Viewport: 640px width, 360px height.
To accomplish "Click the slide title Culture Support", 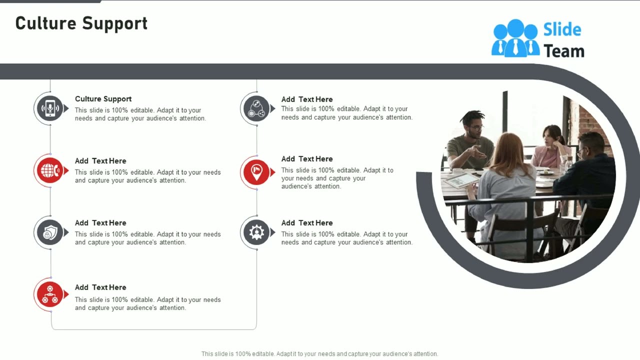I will [x=81, y=23].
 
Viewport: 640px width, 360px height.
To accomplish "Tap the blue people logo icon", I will [x=515, y=38].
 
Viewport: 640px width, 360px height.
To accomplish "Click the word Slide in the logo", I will [x=562, y=29].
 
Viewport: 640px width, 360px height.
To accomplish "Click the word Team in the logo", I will [x=563, y=51].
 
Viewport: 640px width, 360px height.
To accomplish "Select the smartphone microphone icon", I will [x=50, y=108].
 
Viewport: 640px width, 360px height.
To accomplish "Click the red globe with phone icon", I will [x=50, y=170].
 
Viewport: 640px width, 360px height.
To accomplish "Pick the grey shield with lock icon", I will [x=50, y=232].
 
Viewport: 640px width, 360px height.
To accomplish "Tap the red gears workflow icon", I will [x=50, y=294].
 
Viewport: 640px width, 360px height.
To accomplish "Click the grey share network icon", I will [x=256, y=108].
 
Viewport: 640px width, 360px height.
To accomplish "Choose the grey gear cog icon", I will [x=256, y=232].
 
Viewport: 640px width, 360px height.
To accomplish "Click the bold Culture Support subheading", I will [x=103, y=99].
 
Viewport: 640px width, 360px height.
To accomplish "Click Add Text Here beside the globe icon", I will [x=100, y=161].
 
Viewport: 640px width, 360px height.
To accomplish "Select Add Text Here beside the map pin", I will [x=307, y=159].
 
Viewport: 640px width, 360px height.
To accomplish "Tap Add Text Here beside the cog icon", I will [x=307, y=223].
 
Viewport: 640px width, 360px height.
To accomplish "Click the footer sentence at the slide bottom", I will [x=319, y=354].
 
